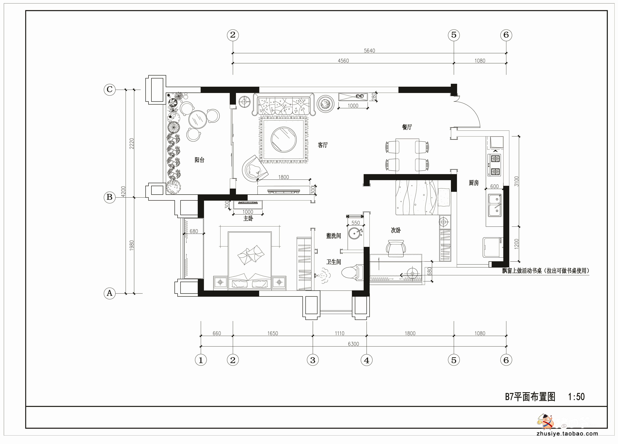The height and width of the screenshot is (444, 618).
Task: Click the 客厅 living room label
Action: point(323,145)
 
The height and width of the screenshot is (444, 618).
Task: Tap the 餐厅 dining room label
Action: point(407,127)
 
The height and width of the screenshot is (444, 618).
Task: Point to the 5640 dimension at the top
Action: point(369,51)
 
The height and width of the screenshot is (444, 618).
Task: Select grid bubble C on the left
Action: point(110,89)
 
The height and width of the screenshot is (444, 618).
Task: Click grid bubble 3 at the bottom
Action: point(313,360)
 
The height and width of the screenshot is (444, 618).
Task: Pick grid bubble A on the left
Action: point(110,293)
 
